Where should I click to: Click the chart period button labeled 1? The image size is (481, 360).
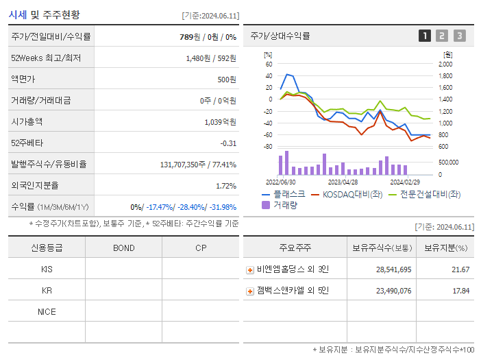[425, 36]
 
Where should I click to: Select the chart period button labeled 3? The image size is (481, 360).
[459, 36]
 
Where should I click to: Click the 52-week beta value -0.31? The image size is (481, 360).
[228, 143]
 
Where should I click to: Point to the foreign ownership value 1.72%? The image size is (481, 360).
[226, 185]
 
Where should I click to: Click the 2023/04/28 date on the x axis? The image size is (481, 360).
[343, 182]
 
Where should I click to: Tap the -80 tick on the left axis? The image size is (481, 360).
[268, 147]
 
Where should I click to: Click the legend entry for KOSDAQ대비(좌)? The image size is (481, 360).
[347, 194]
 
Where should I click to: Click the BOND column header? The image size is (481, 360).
[123, 248]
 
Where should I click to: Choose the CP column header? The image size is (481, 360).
[201, 248]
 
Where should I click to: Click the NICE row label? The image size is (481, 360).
[47, 311]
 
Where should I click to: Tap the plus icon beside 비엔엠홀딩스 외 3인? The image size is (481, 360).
[250, 270]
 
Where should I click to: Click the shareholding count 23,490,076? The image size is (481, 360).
[394, 291]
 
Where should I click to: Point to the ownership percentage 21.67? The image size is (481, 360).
[460, 269]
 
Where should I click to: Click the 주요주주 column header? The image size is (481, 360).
[295, 248]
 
